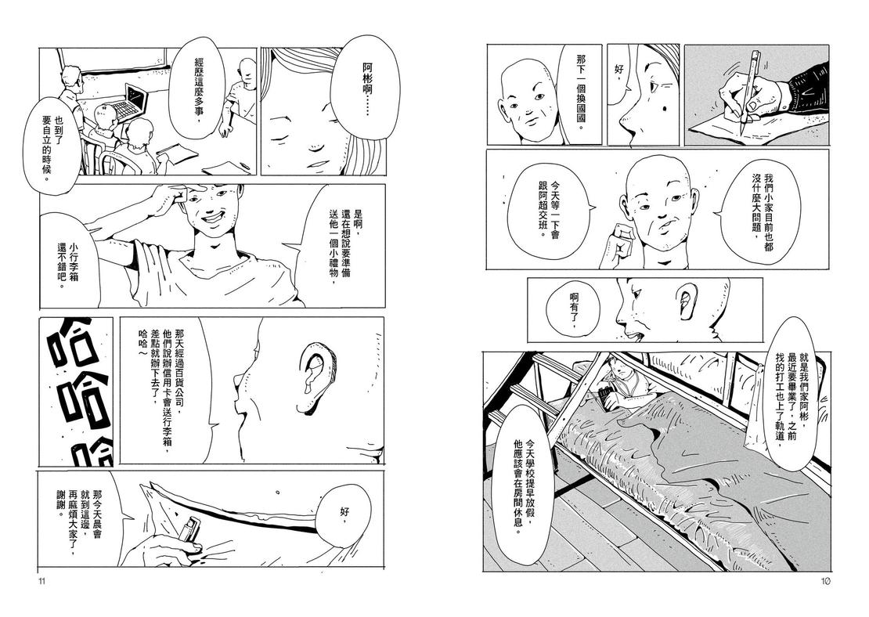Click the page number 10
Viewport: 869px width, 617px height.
(824, 581)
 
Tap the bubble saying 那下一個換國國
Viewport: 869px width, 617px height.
(579, 92)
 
